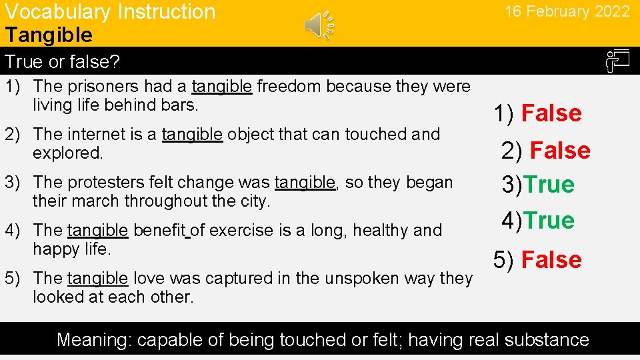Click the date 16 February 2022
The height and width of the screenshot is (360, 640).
pos(567,11)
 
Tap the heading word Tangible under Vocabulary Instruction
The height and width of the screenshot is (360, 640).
pos(49,35)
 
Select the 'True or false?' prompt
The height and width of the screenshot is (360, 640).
pos(62,62)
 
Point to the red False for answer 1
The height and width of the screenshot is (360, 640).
pos(551,113)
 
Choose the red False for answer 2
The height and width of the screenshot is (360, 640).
pos(560,151)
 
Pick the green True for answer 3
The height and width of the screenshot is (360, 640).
pos(549,185)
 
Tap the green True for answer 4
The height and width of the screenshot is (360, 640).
pos(549,221)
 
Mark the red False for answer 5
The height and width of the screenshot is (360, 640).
pos(551,260)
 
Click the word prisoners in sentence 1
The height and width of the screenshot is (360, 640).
pos(94,86)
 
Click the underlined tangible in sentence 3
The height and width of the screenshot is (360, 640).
pos(305,182)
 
